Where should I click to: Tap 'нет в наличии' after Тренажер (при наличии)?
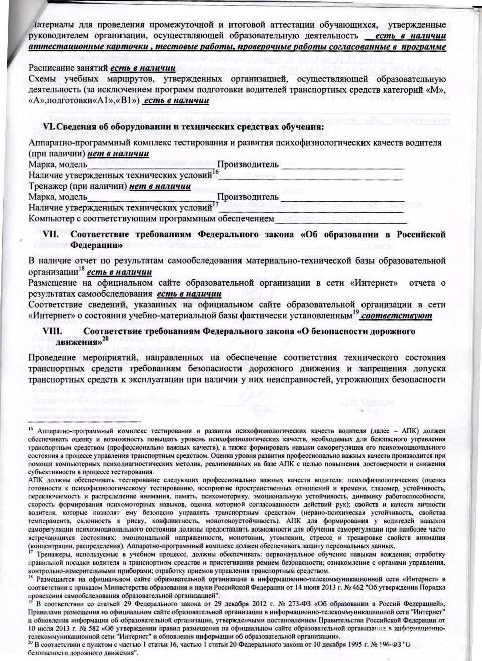[160, 186]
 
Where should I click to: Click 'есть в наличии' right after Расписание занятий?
[144, 68]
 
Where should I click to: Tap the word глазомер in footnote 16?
[386, 489]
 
